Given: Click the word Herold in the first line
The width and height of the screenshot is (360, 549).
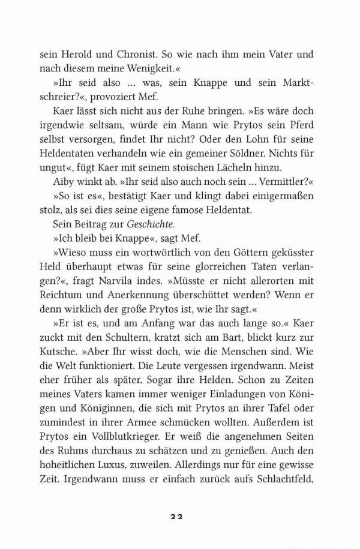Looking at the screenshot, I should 76,54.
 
